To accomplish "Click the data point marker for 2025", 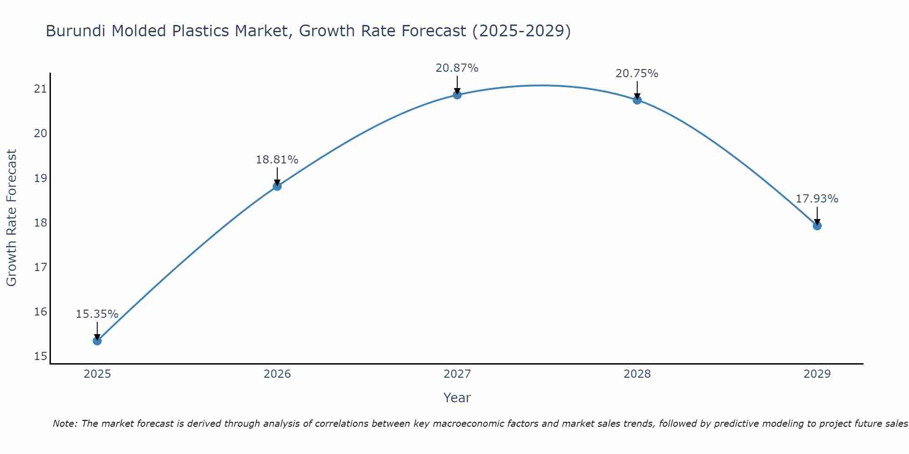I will tap(97, 340).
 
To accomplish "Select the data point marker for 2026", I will tap(277, 186).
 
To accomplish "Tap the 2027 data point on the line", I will tap(457, 94).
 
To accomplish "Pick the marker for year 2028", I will tap(637, 100).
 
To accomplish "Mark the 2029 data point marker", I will tap(817, 226).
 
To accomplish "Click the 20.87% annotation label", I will tap(457, 68).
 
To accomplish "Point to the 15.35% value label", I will tap(97, 314).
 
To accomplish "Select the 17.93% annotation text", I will tap(817, 199).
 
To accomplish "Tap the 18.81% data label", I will tap(277, 160).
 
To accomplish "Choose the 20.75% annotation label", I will tap(637, 74).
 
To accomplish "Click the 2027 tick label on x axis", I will tap(457, 374).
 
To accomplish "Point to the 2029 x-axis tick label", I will tap(817, 374).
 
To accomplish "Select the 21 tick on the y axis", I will tap(40, 89).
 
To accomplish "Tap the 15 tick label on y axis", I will tap(40, 356).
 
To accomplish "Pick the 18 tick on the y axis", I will tap(40, 222).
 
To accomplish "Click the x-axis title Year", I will tap(457, 398).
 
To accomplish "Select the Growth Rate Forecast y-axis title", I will tap(12, 218).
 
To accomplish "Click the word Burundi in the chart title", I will tap(76, 31).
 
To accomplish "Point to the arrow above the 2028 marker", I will tap(637, 90).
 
